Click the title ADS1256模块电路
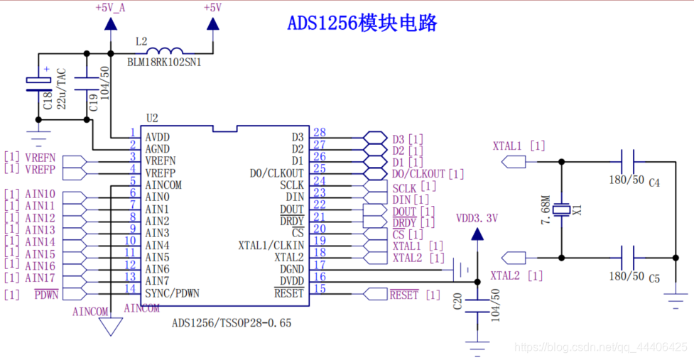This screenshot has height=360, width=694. (x=362, y=23)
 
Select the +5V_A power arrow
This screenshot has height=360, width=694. (x=111, y=23)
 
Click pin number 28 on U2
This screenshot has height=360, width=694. (x=319, y=133)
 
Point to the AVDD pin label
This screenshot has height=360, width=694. (x=158, y=137)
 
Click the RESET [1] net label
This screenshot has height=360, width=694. (x=415, y=295)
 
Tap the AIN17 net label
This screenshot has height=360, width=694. (x=40, y=278)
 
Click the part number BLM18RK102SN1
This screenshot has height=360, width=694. (x=163, y=62)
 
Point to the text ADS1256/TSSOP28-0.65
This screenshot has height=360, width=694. (x=232, y=323)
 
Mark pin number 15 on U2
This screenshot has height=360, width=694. (x=319, y=288)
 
